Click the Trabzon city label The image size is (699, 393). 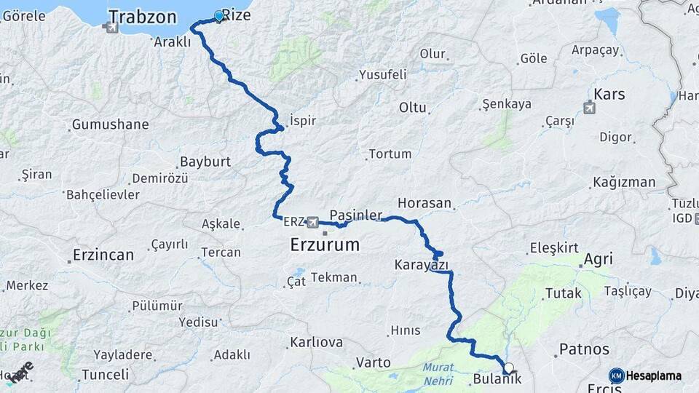(143, 16)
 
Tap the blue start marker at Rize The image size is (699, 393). (219, 15)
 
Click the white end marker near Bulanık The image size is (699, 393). (508, 368)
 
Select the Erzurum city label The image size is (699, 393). (325, 245)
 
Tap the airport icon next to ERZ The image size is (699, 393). (313, 221)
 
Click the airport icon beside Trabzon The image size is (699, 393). (111, 28)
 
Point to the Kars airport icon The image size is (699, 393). (589, 108)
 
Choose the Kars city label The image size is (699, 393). (609, 94)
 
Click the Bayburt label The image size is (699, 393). (205, 162)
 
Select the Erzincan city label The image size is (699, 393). (103, 255)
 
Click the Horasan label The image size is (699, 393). (425, 203)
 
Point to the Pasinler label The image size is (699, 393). (356, 215)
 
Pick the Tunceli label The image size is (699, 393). (105, 374)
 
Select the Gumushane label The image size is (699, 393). (110, 124)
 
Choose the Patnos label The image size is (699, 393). (584, 349)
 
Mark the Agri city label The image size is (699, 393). (598, 259)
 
